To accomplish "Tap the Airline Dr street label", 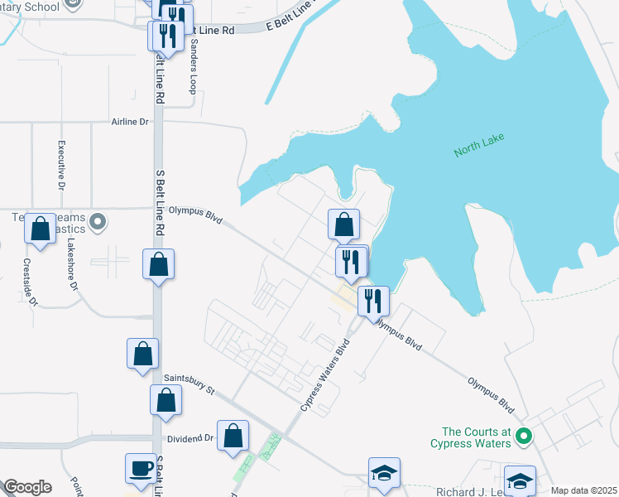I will (130, 122).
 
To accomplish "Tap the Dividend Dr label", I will (190, 438).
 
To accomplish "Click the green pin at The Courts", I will (523, 435).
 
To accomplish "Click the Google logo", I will (26, 487).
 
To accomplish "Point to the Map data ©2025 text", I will (583, 490).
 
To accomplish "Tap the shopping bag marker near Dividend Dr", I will (233, 436).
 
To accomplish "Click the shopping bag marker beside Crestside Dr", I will (40, 229).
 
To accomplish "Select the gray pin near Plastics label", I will (98, 221).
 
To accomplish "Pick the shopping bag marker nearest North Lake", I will (343, 224).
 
